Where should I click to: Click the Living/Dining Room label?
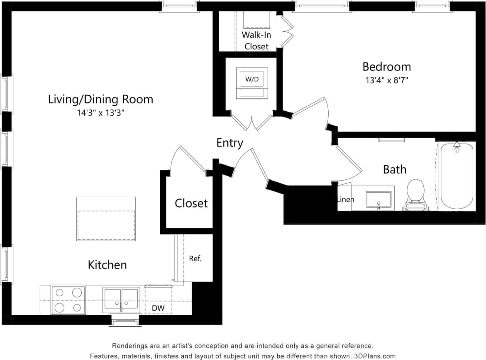(100, 100)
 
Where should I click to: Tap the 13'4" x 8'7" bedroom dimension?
(387, 81)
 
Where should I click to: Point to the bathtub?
(457, 176)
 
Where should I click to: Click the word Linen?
(346, 200)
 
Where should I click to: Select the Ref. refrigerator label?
(195, 259)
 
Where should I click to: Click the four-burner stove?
(68, 300)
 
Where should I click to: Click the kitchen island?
(106, 219)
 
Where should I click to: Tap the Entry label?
(230, 143)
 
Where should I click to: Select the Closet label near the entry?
(191, 203)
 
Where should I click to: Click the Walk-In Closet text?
(256, 41)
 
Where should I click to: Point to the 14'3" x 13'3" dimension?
(100, 113)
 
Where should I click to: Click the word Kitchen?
(107, 265)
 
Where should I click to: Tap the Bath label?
(394, 169)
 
